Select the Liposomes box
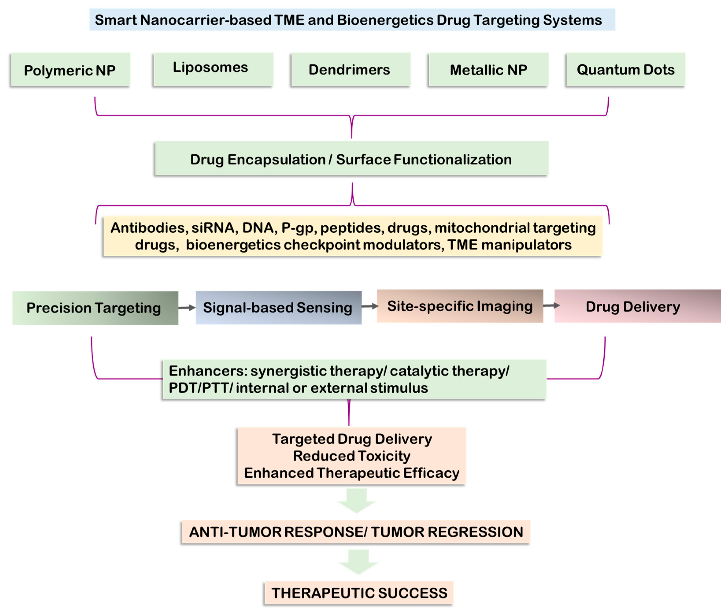pyautogui.click(x=213, y=69)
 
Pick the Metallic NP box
pyautogui.click(x=488, y=69)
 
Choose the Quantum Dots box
pyautogui.click(x=625, y=69)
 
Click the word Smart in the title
pyautogui.click(x=116, y=20)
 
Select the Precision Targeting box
pyautogui.click(x=95, y=308)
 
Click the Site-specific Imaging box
pyautogui.click(x=460, y=306)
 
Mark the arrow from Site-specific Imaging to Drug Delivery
pyautogui.click(x=551, y=305)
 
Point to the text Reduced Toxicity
pyautogui.click(x=351, y=456)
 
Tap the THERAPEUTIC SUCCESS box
pyautogui.click(x=359, y=593)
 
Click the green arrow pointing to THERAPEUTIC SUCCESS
pyautogui.click(x=358, y=562)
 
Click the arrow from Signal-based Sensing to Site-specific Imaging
pyautogui.click(x=370, y=306)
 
